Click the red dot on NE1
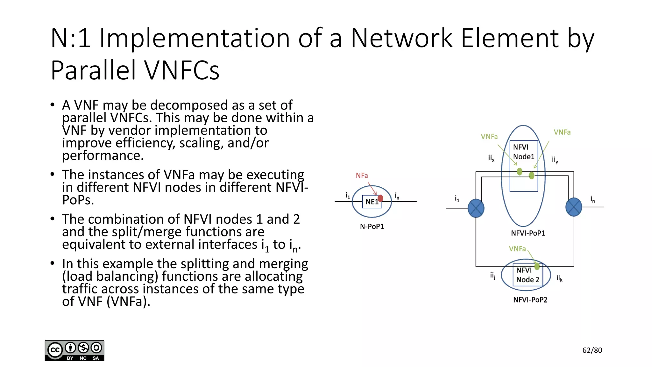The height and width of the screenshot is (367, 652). [x=380, y=198]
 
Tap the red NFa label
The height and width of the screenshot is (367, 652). [x=362, y=176]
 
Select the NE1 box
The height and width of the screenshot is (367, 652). [x=372, y=202]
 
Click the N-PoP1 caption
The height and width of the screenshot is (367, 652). [x=372, y=227]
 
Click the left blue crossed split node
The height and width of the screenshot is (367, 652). [x=476, y=208]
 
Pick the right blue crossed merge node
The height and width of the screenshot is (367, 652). [x=574, y=207]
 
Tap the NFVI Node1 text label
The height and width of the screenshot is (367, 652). [x=523, y=152]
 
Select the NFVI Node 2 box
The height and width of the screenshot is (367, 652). [x=528, y=275]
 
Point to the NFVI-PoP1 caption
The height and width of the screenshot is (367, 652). [x=528, y=233]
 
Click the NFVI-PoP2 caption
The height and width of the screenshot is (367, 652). [x=530, y=300]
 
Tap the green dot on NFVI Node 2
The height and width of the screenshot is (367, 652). [x=537, y=266]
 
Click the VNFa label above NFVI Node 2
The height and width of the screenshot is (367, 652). [x=517, y=249]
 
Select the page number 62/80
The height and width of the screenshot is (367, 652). [x=592, y=350]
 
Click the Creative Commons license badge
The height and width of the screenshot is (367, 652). [x=74, y=350]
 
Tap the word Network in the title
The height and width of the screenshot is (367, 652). [x=401, y=38]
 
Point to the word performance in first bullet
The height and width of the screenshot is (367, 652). [x=103, y=155]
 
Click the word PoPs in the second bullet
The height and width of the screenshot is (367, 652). [x=78, y=200]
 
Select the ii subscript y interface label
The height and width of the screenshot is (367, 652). [x=555, y=160]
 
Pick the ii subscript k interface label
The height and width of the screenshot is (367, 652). [x=559, y=278]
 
